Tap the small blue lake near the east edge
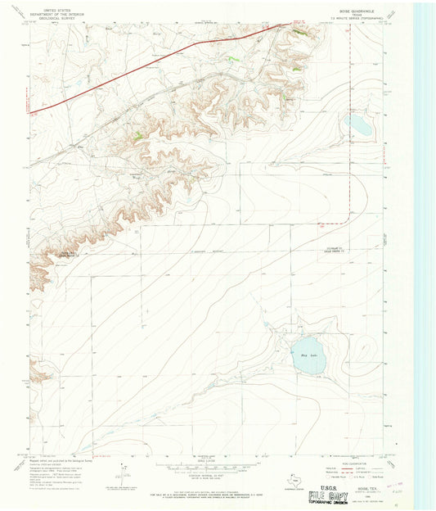click(357, 124)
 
